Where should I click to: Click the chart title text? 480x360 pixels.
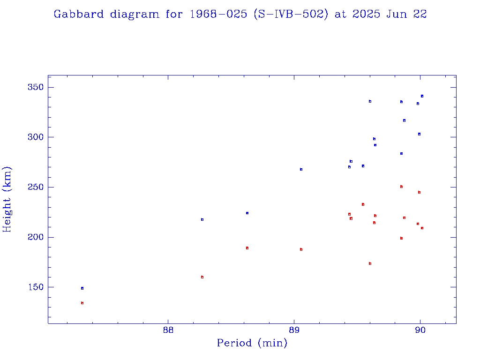point(240,14)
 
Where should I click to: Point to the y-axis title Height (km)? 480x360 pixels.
point(7,199)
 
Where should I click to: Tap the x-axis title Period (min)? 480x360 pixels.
point(252,343)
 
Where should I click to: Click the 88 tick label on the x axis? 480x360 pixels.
point(168,329)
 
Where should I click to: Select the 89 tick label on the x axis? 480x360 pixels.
point(294,329)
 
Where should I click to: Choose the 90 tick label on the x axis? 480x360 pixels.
point(420,329)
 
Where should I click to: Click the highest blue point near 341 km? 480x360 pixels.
point(422,96)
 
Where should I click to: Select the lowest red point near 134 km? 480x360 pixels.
point(82,303)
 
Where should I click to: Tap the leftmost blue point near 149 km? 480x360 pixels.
point(82,288)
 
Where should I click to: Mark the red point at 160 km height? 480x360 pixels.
point(202,277)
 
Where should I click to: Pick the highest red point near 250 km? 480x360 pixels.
point(401,187)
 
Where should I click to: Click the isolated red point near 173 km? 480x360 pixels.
point(370,263)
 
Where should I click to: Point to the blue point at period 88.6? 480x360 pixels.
point(247,213)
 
